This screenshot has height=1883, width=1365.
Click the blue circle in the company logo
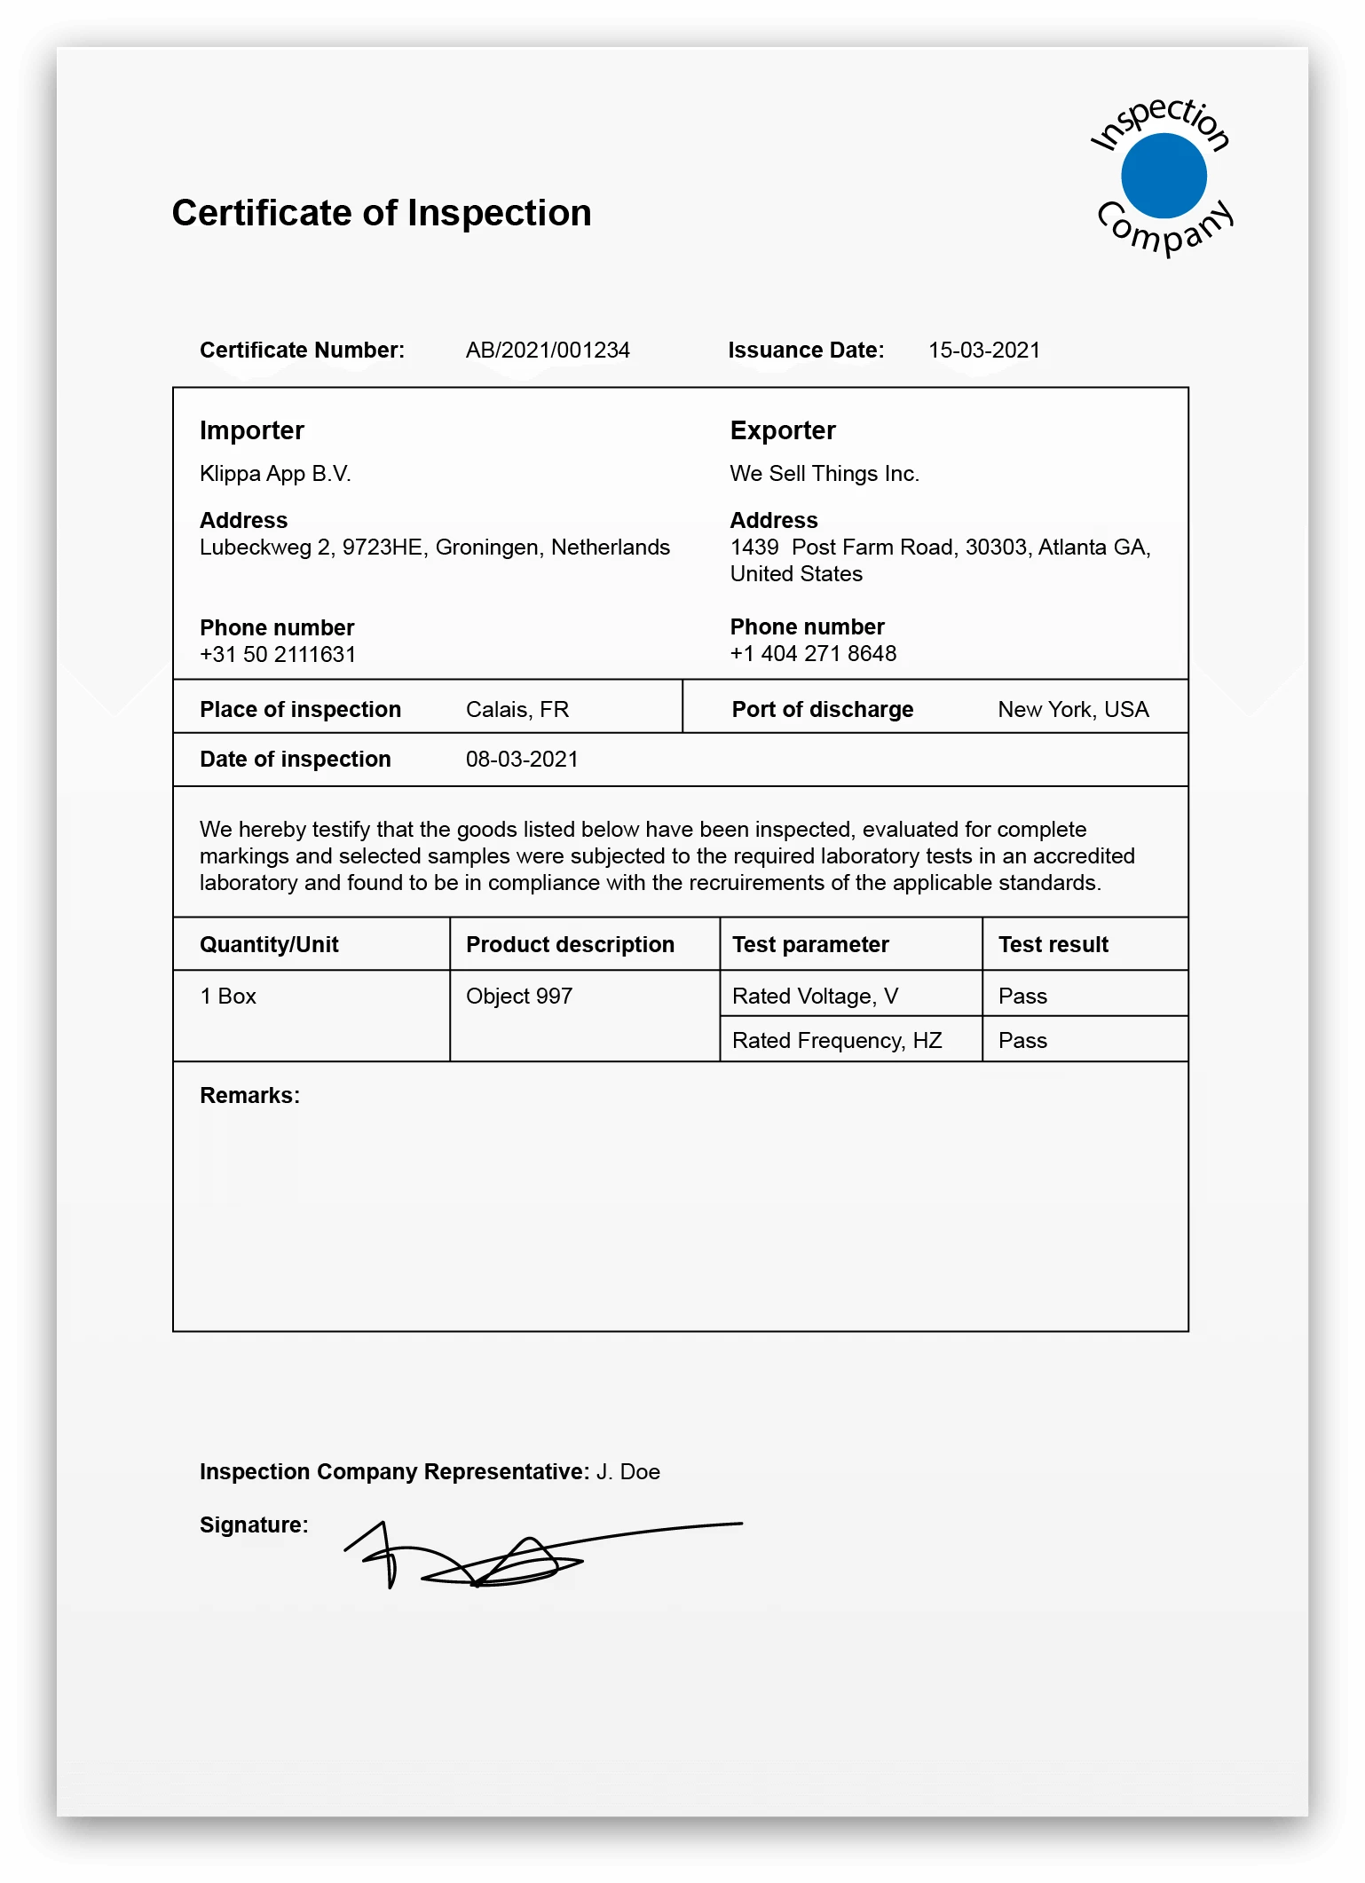click(1164, 176)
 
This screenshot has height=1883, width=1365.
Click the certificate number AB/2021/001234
click(548, 351)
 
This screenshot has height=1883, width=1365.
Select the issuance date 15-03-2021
click(984, 351)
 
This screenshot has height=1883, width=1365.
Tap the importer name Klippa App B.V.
click(275, 474)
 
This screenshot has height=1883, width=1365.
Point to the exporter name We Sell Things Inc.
click(825, 474)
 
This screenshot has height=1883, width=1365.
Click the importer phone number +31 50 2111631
click(278, 655)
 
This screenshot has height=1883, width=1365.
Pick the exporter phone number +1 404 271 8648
click(813, 654)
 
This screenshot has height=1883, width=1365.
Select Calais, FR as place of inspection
click(517, 710)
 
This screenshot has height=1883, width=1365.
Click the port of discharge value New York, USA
click(1073, 710)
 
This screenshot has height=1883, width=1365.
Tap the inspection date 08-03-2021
click(522, 760)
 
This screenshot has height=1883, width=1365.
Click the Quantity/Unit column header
click(269, 945)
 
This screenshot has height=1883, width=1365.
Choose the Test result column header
click(1053, 945)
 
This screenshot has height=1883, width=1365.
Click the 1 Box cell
click(228, 997)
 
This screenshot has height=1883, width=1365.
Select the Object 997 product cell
click(519, 997)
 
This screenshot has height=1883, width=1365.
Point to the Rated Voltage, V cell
click(815, 997)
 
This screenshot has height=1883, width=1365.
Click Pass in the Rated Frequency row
click(1022, 1041)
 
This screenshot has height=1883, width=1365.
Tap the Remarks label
click(249, 1096)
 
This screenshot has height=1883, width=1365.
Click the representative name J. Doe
click(628, 1472)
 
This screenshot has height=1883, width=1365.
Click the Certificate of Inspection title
click(382, 214)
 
